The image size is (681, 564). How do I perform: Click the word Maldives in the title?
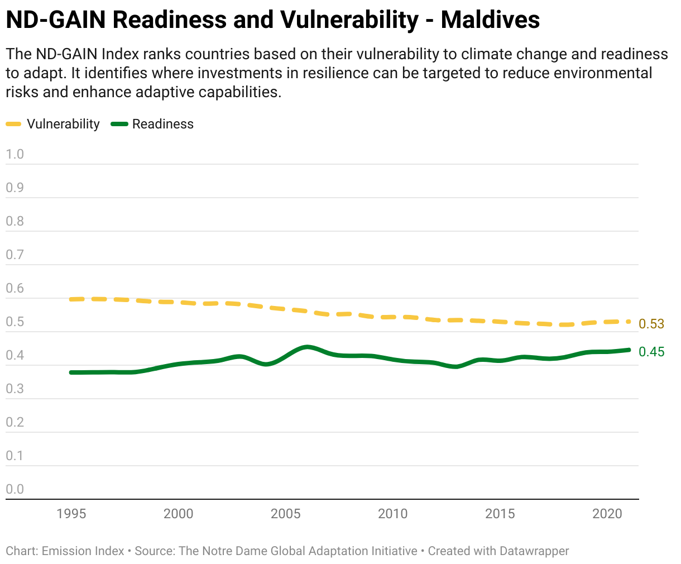490,20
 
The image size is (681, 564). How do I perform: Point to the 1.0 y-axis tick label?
15,154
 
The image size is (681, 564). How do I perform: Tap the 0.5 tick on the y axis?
15,322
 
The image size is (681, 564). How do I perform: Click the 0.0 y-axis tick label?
15,489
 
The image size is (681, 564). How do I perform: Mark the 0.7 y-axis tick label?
15,255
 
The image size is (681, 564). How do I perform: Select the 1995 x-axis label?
71,514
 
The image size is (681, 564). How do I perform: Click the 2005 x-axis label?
285,514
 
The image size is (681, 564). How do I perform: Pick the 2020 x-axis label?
607,514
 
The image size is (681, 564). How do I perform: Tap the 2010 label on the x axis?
392,514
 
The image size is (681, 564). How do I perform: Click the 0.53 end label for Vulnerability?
651,324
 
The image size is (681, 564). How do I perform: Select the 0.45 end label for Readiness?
651,352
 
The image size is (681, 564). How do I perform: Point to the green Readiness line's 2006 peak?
307,347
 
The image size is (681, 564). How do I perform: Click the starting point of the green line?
71,372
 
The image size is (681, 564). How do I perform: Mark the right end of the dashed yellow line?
629,322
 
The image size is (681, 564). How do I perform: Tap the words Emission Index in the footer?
83,551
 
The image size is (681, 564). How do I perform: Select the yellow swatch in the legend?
13,124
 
